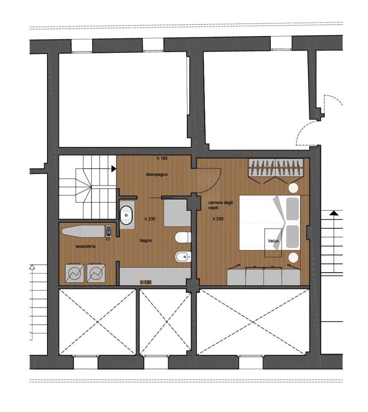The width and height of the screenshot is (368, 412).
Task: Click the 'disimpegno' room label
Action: point(157,174)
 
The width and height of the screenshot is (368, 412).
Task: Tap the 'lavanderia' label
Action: point(85,246)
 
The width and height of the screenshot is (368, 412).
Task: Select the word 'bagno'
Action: point(145,241)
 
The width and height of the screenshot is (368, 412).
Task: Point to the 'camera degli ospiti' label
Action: point(220,205)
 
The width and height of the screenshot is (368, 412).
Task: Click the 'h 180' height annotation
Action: point(162,158)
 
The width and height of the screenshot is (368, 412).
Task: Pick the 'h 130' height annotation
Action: point(145,283)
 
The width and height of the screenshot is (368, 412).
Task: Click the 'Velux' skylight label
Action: point(273,241)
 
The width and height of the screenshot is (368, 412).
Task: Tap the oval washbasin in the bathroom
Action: point(127,215)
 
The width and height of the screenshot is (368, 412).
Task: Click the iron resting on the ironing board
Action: point(108,231)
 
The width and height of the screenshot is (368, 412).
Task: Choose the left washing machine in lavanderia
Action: point(75,273)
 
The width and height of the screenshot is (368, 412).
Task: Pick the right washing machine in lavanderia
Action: point(96,273)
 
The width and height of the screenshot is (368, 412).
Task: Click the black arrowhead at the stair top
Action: point(114,169)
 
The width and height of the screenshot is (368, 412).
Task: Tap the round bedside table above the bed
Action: point(293,188)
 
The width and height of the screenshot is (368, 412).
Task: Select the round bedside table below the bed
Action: point(293,257)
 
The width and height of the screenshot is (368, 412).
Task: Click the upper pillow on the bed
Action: point(292,209)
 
